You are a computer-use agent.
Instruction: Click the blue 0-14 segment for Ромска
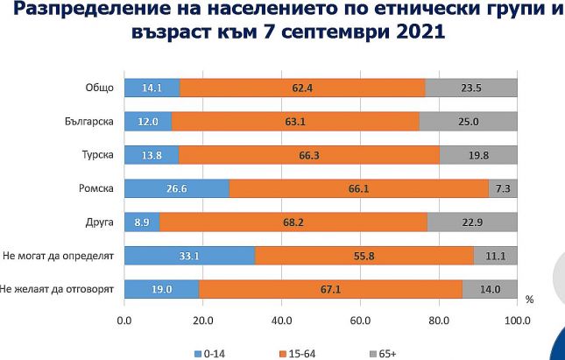point(177,188)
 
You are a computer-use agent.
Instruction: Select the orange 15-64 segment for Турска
point(308,155)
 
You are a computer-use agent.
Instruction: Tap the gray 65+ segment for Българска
point(468,122)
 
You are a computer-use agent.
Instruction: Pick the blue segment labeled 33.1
point(189,256)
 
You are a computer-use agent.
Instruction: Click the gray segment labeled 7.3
point(503,188)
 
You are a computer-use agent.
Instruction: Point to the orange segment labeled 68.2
point(293,222)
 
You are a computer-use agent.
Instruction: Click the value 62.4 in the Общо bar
point(302,88)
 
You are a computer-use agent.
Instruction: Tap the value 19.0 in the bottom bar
point(161,289)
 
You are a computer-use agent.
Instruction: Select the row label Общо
point(99,88)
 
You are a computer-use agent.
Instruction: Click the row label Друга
point(100,222)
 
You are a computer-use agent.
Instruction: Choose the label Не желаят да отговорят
point(58,289)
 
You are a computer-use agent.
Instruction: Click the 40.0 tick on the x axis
point(281,319)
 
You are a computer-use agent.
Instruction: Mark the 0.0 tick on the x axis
point(124,319)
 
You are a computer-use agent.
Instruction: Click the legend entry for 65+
point(382,353)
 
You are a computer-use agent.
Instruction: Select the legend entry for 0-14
point(209,353)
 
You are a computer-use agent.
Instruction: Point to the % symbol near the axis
point(529,300)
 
